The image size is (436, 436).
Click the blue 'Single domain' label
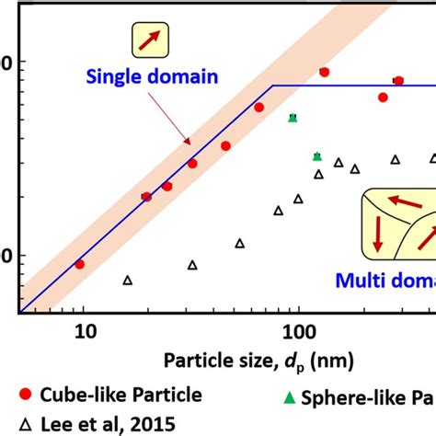(152, 77)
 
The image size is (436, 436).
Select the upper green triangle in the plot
(293, 118)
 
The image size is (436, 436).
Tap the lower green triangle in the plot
(317, 156)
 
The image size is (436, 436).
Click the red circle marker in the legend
(26, 395)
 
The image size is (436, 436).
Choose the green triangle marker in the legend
(290, 396)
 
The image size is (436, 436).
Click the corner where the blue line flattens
(272, 86)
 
